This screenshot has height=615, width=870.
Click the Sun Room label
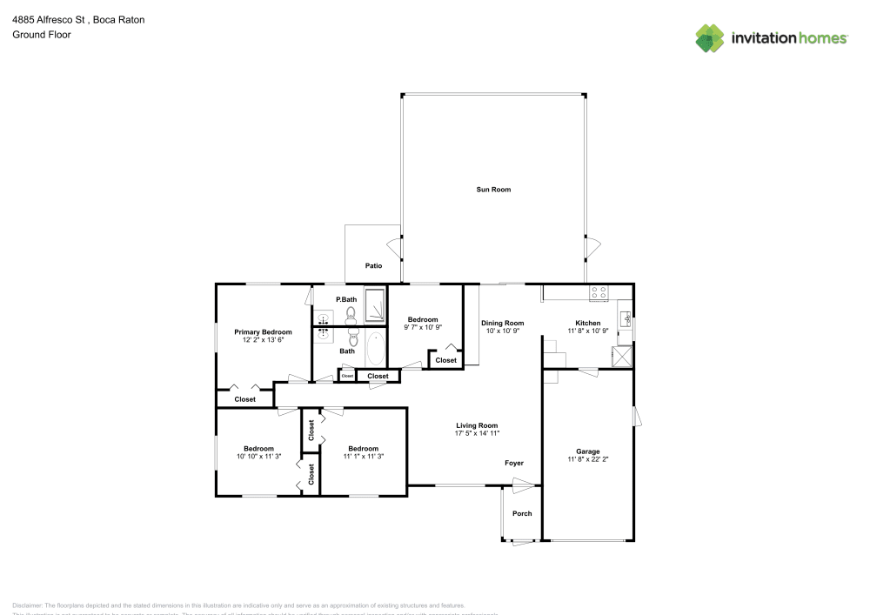[493, 190]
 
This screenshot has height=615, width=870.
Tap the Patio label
[373, 265]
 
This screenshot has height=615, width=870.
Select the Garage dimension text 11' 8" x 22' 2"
[587, 460]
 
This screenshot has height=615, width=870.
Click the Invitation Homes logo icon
[710, 37]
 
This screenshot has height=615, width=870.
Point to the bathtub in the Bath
[376, 350]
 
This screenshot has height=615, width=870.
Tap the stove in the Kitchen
[599, 293]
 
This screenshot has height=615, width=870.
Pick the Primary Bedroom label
[263, 331]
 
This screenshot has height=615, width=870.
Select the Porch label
[521, 513]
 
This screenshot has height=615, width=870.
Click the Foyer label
[514, 463]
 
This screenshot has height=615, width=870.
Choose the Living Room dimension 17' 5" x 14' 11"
[476, 433]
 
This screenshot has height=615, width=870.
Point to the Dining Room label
[503, 323]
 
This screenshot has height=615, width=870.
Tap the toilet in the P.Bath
[351, 312]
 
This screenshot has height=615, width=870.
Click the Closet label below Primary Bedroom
[245, 399]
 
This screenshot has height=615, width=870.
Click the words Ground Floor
[42, 35]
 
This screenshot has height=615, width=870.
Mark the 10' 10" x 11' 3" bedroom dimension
[258, 456]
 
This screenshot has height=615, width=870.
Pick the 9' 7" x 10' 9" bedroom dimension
[424, 327]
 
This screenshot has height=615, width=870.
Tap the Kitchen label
[587, 323]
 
